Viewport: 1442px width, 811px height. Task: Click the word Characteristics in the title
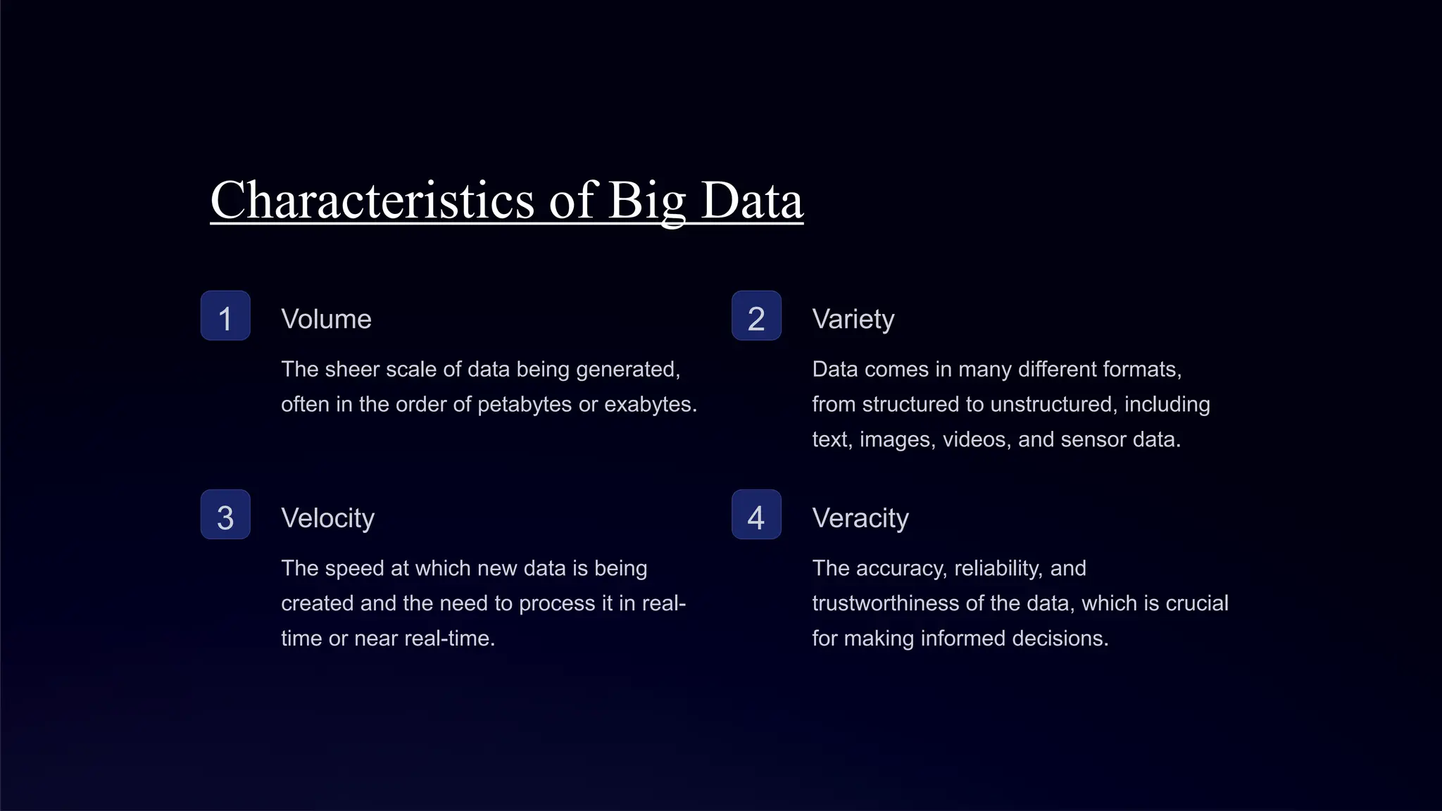click(372, 201)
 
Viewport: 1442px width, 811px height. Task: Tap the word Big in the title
click(646, 201)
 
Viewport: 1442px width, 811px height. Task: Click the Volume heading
click(326, 319)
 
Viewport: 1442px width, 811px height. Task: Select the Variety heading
click(853, 319)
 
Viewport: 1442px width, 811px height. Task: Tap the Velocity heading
click(327, 518)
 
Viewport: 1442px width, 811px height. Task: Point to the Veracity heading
click(860, 518)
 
